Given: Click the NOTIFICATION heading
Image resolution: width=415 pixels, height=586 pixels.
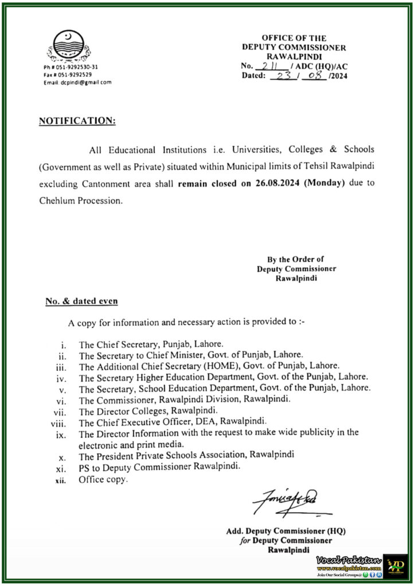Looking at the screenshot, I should [x=77, y=121].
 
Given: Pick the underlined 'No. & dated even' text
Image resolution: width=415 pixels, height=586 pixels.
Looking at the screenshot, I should [x=81, y=300].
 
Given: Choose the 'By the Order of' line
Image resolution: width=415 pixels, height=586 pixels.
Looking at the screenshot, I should [x=296, y=259].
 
